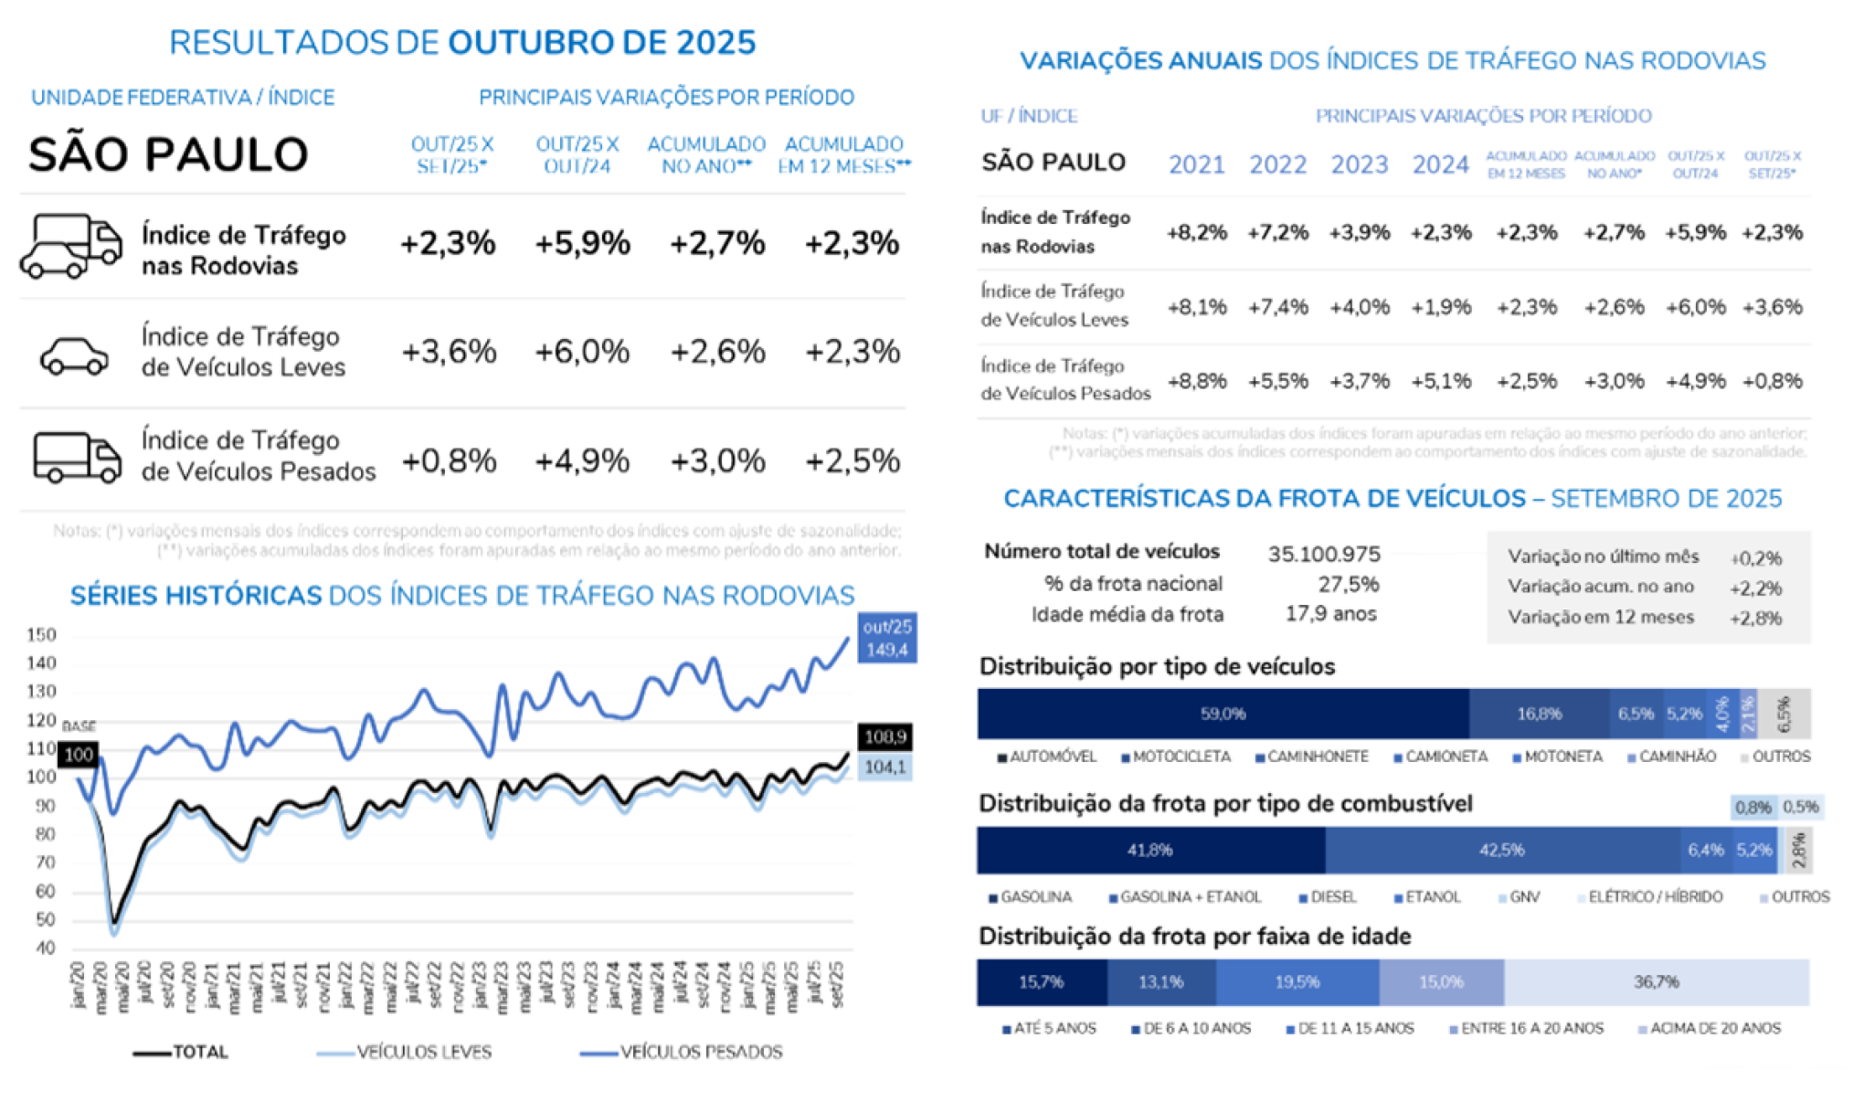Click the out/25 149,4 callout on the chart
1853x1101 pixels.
tap(886, 638)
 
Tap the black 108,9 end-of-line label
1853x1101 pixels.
tap(884, 736)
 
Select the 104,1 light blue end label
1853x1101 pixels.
tap(884, 767)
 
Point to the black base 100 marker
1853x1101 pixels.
tap(79, 754)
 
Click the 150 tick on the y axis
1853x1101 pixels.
tap(42, 634)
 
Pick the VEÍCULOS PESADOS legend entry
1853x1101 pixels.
tap(700, 1052)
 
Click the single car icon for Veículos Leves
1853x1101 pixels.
tap(74, 355)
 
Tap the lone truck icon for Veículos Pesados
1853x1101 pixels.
tap(77, 457)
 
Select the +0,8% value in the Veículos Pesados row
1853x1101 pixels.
tap(449, 461)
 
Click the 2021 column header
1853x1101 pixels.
tap(1196, 164)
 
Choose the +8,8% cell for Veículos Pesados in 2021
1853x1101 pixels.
tap(1197, 380)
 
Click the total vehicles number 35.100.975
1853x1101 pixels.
tap(1324, 554)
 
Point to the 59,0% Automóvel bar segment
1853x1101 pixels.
tap(1223, 714)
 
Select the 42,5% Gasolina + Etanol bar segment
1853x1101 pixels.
tap(1501, 850)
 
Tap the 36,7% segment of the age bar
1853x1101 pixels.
tap(1656, 982)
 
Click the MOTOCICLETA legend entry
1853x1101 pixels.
tap(1180, 757)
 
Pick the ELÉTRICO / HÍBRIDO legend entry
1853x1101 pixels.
tap(1655, 896)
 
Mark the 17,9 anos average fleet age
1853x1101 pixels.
tap(1330, 614)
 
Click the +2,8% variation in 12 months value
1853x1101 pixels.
tap(1755, 618)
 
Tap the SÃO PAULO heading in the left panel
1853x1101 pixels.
tap(168, 154)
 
